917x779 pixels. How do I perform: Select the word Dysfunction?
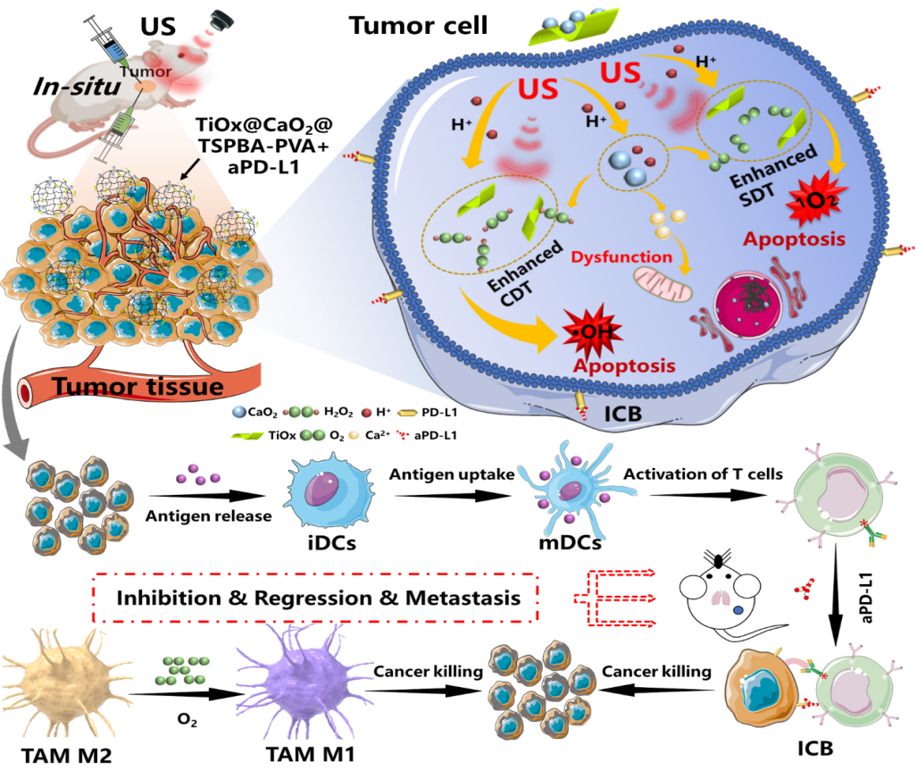621,257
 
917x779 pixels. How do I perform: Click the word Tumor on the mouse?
141,71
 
